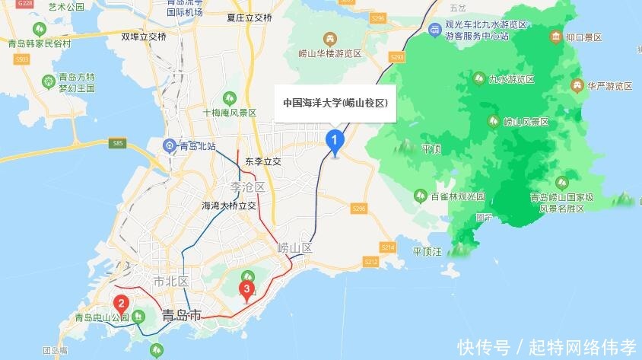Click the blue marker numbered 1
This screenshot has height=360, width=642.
coord(333,140)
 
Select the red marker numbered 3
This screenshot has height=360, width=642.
coord(246,289)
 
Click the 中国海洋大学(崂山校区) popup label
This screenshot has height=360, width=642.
coord(335,103)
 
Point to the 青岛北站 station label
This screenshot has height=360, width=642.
coord(195,145)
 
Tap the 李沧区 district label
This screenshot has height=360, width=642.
coord(247,186)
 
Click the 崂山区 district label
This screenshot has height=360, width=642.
coord(295,248)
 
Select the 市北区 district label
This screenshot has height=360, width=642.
coord(170,281)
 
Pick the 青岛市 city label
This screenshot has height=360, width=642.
coord(183,314)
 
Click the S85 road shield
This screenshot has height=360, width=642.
coord(116,142)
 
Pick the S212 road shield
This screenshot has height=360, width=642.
coord(370,262)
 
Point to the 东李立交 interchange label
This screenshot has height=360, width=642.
coord(263,162)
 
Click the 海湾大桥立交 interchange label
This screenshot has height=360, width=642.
coord(228,205)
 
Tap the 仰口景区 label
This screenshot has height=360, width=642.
coord(583,37)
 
